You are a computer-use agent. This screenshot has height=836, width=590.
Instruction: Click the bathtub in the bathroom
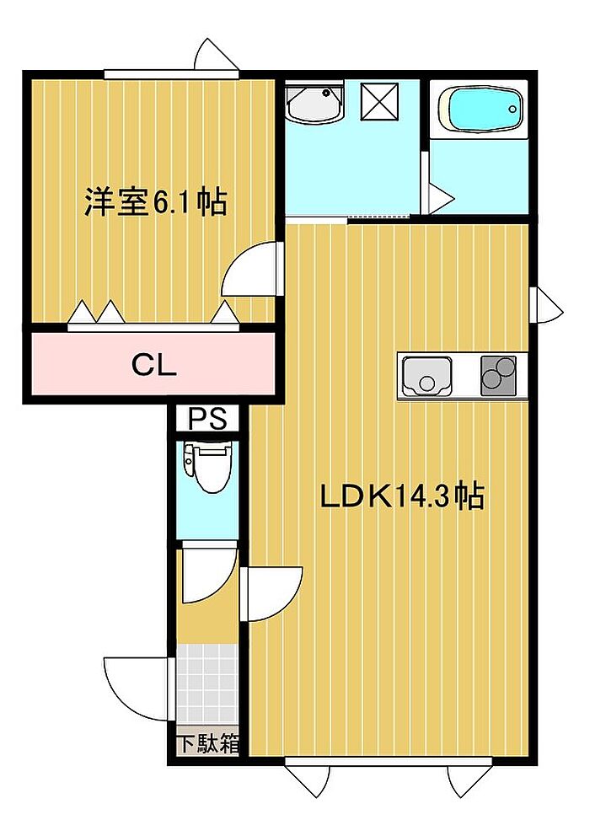[x=479, y=110]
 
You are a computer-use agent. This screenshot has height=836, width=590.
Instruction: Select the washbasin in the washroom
[x=314, y=102]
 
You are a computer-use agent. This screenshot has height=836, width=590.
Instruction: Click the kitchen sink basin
[x=426, y=377]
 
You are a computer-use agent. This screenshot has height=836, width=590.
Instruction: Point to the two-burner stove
[x=499, y=375]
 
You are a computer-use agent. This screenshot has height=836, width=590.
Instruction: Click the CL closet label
[x=154, y=366]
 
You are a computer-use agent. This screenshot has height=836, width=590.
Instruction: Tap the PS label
[x=208, y=419]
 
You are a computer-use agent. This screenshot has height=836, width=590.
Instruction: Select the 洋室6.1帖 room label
[x=155, y=201]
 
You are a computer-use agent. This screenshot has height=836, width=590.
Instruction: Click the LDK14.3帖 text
[x=402, y=496]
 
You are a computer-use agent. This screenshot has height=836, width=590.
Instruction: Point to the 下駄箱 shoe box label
[x=208, y=744]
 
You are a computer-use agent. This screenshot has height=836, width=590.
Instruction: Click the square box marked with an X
[x=379, y=102]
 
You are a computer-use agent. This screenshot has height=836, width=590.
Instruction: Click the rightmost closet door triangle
[x=224, y=313]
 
